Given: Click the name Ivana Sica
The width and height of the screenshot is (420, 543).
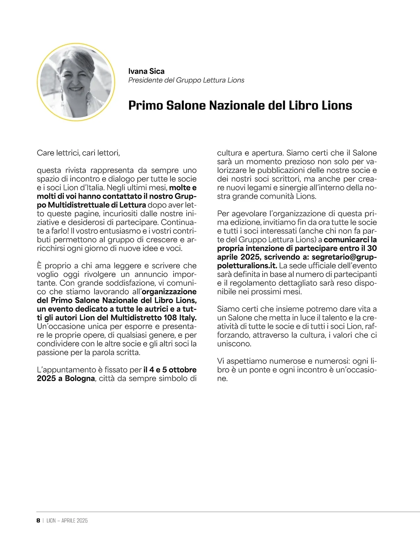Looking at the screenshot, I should point(146,71).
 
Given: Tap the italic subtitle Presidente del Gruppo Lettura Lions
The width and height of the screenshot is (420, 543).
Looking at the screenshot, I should point(186,80).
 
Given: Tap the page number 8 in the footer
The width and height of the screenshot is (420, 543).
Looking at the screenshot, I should point(38,520).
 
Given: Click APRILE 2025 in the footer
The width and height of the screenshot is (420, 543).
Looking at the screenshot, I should point(75,521).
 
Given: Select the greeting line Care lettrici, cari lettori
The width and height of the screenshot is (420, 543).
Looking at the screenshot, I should point(78,153).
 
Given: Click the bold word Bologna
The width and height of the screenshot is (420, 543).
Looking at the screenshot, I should point(79,378).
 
